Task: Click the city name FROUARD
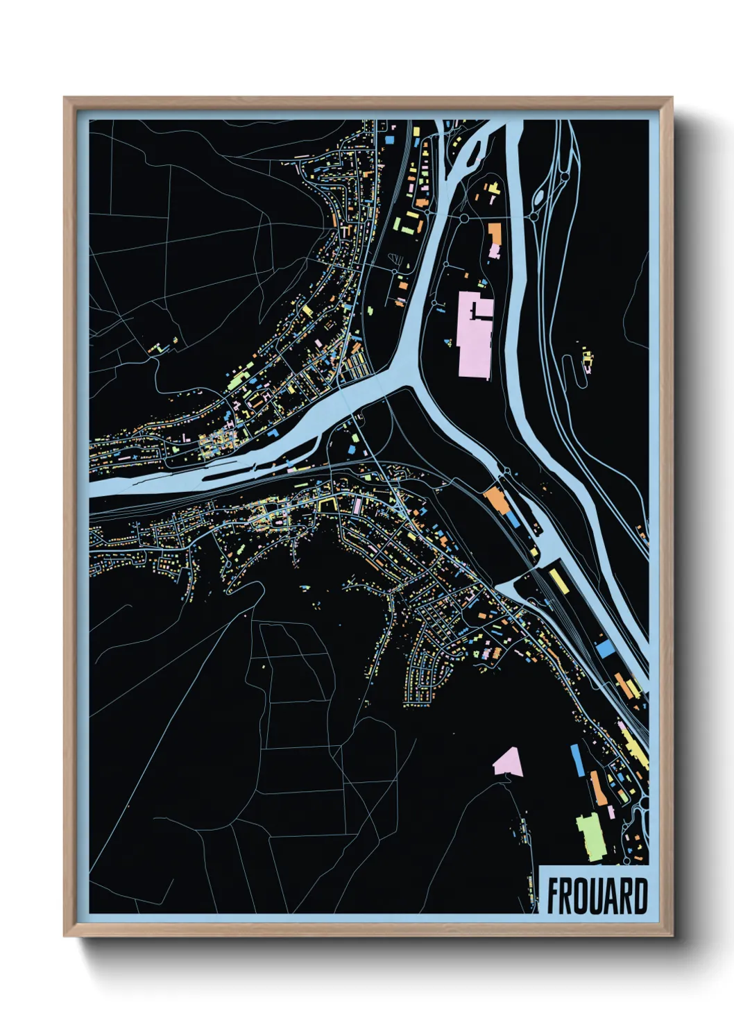click(x=597, y=896)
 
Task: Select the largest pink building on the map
click(x=475, y=335)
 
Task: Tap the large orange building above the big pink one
click(x=494, y=234)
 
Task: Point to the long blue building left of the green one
click(x=576, y=760)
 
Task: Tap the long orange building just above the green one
click(x=597, y=788)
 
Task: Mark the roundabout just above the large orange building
click(x=463, y=218)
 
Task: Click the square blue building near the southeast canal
click(x=606, y=649)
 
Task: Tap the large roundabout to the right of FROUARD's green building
click(x=643, y=805)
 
